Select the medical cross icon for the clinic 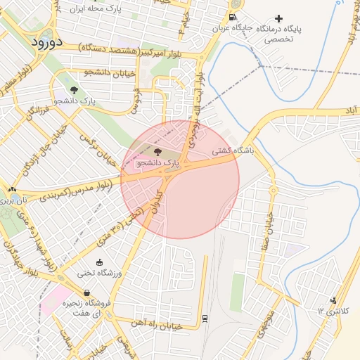click(x=279, y=18)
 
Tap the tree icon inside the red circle click(x=156, y=152)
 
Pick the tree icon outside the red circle click(x=75, y=90)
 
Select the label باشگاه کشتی click(x=231, y=150)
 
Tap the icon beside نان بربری click(x=12, y=189)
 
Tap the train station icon click(x=204, y=317)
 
